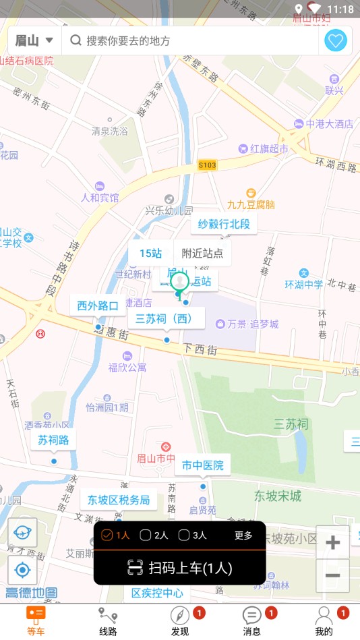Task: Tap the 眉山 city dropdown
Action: [x=34, y=40]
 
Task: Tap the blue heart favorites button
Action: [x=336, y=40]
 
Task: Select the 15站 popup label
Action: [x=151, y=254]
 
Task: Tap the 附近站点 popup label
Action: [x=202, y=254]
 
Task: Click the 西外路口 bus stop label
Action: [x=98, y=306]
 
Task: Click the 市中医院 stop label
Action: [x=202, y=465]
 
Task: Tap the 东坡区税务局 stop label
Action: [x=119, y=500]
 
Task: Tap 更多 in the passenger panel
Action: [x=243, y=535]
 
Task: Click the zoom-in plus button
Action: [x=332, y=543]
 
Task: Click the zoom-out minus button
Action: [x=332, y=575]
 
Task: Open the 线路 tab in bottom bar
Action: [x=108, y=621]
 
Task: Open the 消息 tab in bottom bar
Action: [x=252, y=621]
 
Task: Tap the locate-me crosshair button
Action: [x=22, y=571]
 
